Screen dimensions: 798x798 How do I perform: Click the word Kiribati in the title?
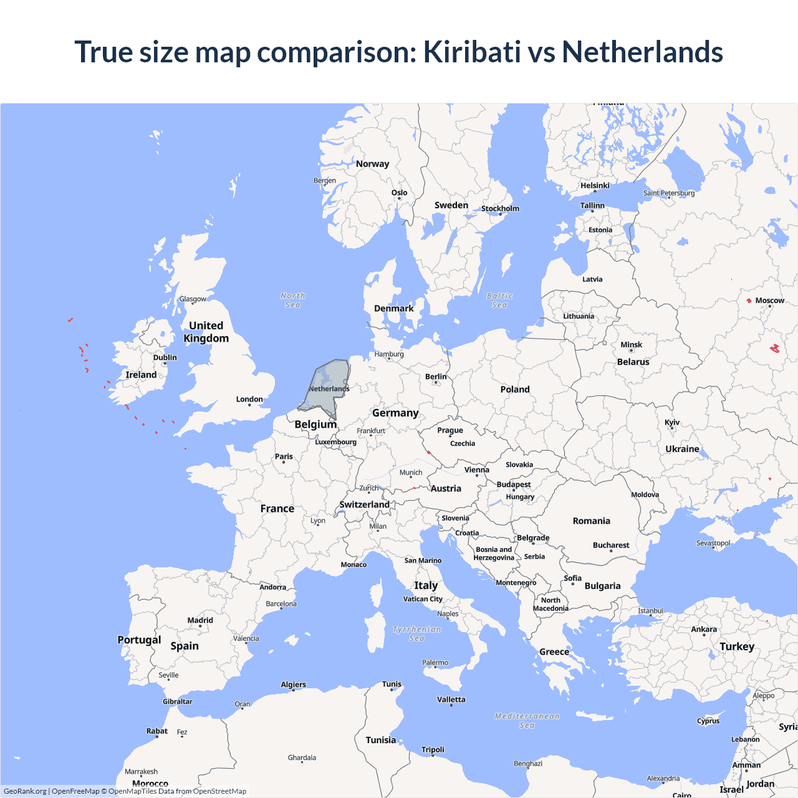[471, 52]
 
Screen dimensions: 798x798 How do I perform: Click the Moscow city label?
[769, 300]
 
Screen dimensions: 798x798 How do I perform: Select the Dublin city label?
[165, 358]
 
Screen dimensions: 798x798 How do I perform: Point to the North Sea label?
[292, 300]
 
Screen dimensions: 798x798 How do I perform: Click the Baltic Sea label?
[499, 300]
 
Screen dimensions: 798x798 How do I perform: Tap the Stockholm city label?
[500, 208]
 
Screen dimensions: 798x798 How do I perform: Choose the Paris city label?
[284, 456]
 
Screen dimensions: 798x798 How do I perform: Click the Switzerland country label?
[364, 504]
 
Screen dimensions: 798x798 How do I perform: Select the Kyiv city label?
[672, 423]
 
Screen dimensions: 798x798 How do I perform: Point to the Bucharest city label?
[611, 545]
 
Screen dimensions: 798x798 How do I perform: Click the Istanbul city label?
[650, 611]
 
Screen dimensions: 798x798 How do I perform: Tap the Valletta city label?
[451, 699]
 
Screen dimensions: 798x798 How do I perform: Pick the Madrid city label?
[200, 620]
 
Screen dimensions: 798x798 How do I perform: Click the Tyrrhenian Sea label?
[417, 633]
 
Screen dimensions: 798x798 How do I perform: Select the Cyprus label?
[708, 721]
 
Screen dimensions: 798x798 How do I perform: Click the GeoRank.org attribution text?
[25, 791]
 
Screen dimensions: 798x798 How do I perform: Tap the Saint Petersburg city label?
[669, 193]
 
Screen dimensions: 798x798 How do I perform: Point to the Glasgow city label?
[193, 299]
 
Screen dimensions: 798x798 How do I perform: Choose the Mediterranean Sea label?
[527, 720]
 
